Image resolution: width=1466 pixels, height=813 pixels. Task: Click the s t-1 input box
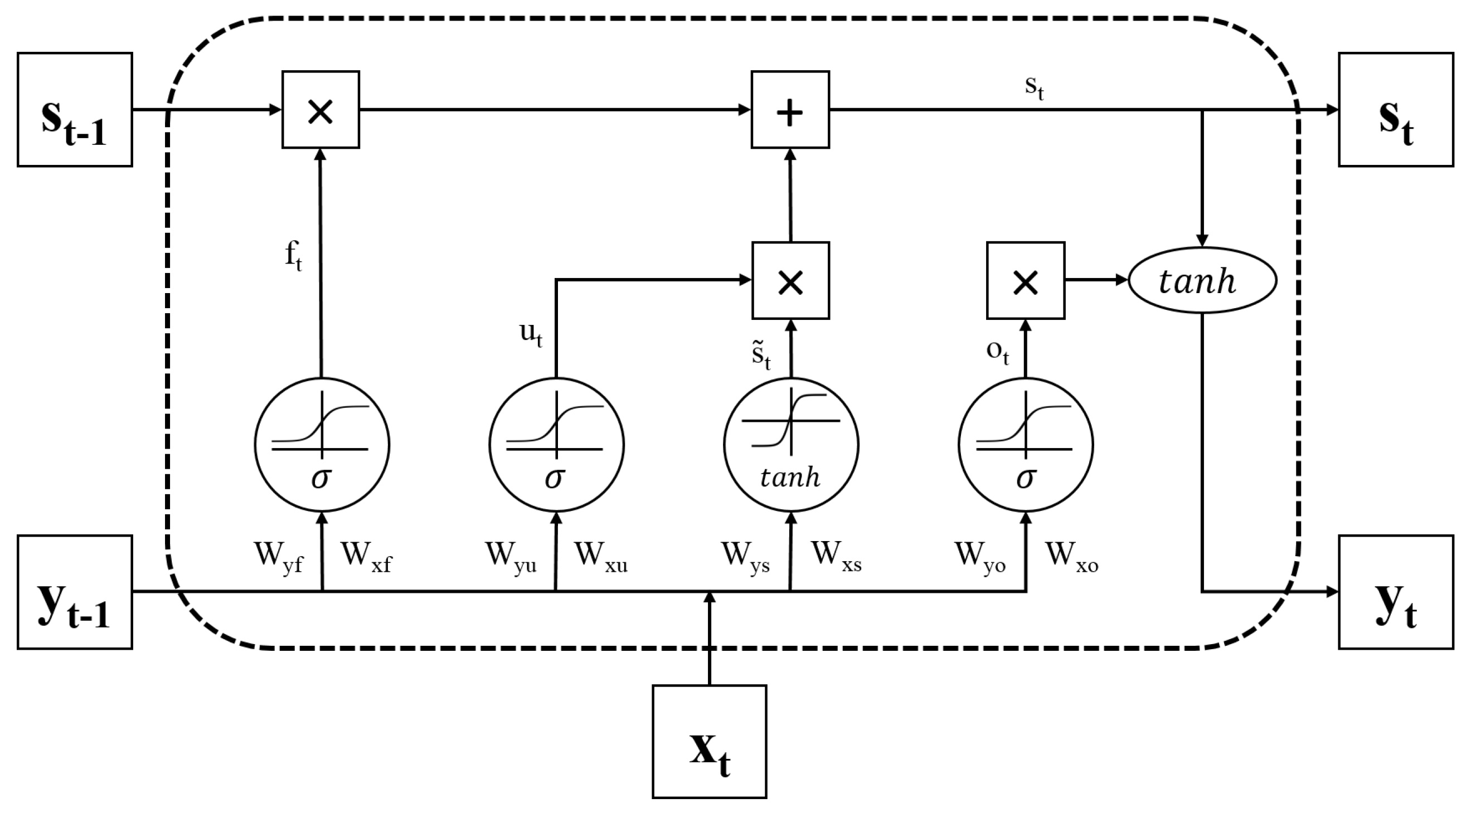click(75, 110)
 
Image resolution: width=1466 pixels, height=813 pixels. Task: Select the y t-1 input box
click(75, 592)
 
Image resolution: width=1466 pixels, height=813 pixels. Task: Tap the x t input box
click(709, 741)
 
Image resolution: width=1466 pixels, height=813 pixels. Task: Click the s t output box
click(1395, 110)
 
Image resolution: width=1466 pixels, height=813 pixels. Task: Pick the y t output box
click(1395, 592)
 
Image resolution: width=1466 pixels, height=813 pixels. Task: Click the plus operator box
click(790, 110)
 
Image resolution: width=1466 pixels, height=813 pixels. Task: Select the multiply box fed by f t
click(321, 110)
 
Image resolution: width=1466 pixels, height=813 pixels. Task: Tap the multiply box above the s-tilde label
click(790, 280)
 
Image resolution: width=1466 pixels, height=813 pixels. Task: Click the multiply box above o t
click(1026, 280)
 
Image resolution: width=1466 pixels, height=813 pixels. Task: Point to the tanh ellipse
click(1202, 280)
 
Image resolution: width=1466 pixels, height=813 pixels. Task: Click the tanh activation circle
click(791, 444)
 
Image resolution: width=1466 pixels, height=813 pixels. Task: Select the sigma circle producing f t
click(322, 444)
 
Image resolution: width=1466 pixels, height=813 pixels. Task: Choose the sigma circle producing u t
click(556, 444)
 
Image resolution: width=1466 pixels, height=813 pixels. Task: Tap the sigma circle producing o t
click(1026, 444)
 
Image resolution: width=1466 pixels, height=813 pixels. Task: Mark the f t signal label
click(293, 255)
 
